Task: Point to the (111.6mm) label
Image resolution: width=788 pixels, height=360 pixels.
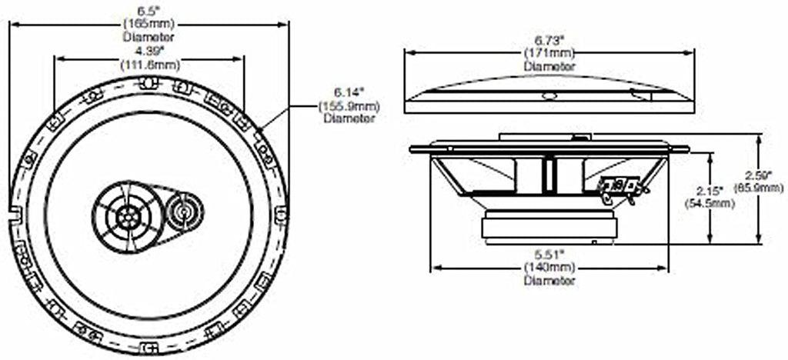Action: pyautogui.click(x=148, y=65)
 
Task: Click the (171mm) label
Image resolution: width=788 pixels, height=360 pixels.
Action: pyautogui.click(x=549, y=54)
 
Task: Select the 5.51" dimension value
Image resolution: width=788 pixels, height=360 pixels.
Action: pyautogui.click(x=549, y=255)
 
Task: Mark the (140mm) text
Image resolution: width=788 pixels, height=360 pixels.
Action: pyautogui.click(x=549, y=268)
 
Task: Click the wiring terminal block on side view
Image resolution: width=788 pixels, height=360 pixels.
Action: pyautogui.click(x=620, y=187)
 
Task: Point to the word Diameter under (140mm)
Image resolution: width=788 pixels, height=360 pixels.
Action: pyautogui.click(x=549, y=281)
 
